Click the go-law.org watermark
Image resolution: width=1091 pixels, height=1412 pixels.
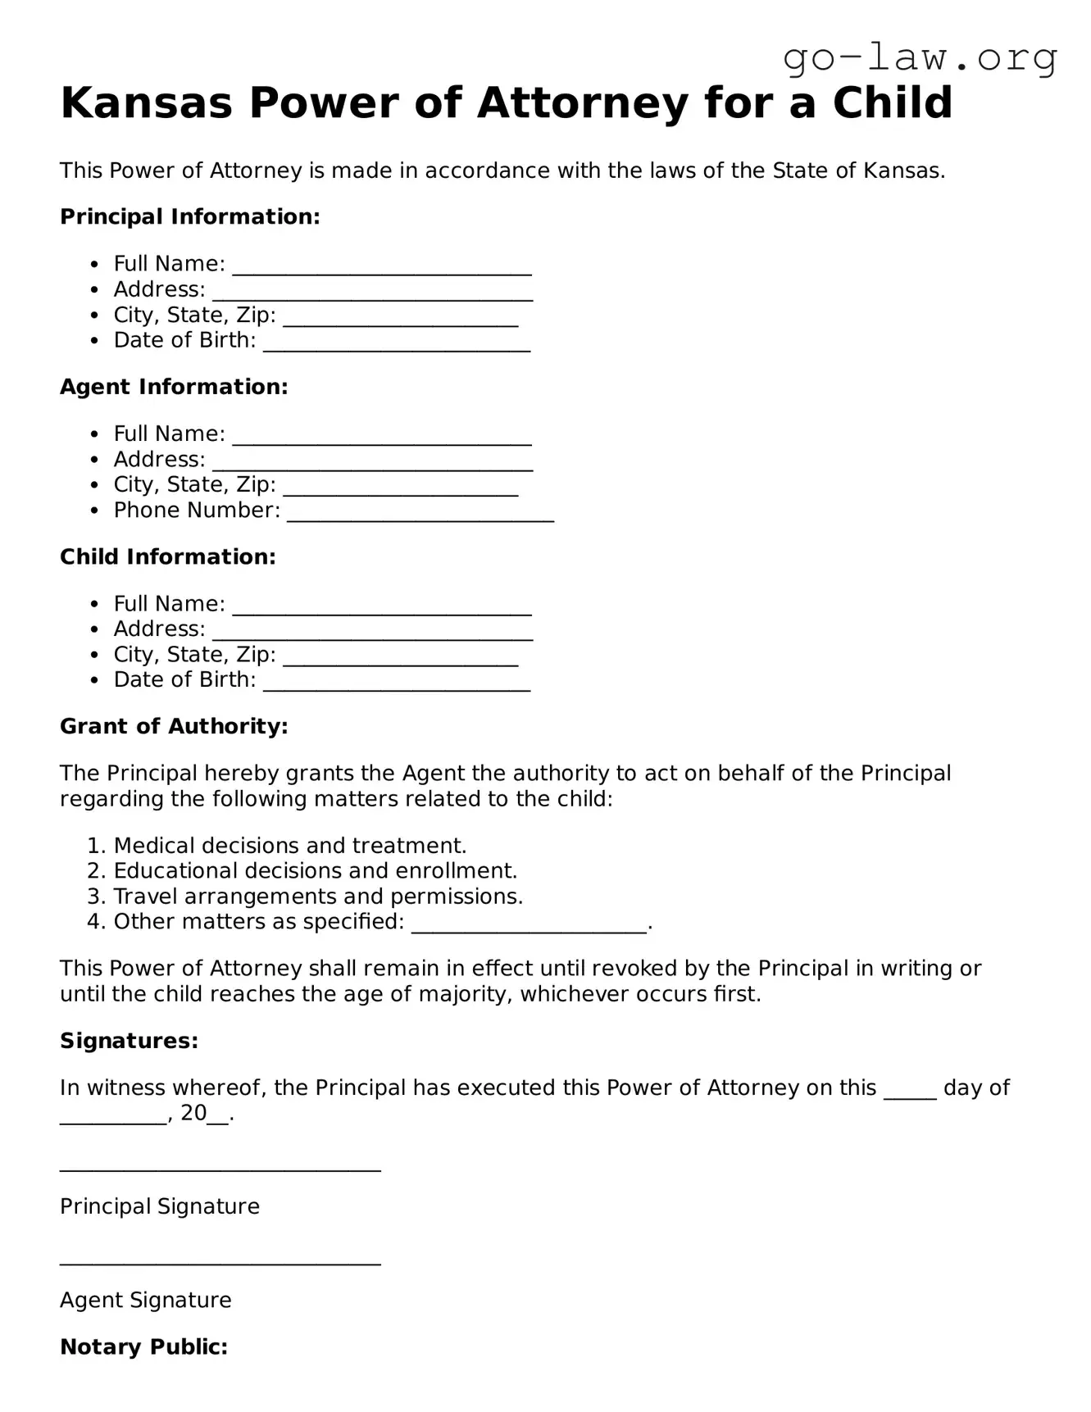coord(920,57)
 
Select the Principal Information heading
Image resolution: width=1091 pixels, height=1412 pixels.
coord(189,217)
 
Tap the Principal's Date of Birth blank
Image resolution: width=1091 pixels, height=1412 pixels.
coord(397,346)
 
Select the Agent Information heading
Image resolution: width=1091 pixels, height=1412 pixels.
coord(174,387)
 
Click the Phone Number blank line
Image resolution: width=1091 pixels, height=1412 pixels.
coord(420,515)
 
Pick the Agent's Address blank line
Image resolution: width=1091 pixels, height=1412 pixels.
coord(373,465)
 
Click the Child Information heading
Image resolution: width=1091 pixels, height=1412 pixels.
coord(167,557)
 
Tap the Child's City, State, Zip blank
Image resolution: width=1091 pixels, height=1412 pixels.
coord(401,660)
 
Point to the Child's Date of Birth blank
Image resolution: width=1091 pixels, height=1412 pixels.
coord(397,685)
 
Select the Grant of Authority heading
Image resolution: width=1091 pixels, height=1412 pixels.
coord(174,727)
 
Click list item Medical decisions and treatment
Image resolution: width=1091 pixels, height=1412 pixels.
coord(289,846)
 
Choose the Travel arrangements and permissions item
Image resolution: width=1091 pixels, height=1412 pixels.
coord(318,897)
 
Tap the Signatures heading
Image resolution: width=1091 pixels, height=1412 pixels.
coord(129,1042)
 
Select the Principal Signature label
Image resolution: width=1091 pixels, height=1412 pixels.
coord(160,1206)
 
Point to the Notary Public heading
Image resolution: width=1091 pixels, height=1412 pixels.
coord(143,1347)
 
